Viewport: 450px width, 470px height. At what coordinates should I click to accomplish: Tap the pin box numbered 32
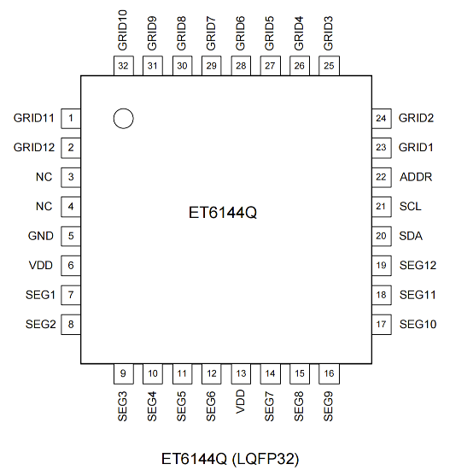click(x=124, y=66)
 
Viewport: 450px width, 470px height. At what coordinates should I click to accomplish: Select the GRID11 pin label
click(x=34, y=118)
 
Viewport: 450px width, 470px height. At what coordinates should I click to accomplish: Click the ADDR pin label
click(x=416, y=177)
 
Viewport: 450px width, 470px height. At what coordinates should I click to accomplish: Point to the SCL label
click(x=410, y=207)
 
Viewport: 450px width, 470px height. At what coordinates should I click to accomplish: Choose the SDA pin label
click(x=411, y=236)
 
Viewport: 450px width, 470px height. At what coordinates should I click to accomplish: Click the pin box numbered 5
click(x=71, y=236)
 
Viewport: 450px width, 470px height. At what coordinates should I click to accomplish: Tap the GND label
click(x=41, y=236)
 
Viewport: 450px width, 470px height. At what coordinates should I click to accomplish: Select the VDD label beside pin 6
click(x=41, y=265)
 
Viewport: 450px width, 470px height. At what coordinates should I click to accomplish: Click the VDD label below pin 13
click(x=241, y=402)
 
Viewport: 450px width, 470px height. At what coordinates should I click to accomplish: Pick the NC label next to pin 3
click(x=44, y=177)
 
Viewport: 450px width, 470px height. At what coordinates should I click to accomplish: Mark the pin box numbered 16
click(x=329, y=373)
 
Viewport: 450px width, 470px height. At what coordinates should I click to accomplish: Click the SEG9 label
click(x=329, y=406)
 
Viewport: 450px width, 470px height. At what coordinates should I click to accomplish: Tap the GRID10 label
click(x=123, y=30)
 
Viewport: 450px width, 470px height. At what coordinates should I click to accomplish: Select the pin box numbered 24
click(x=382, y=119)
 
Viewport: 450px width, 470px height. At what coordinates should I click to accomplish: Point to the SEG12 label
click(x=418, y=265)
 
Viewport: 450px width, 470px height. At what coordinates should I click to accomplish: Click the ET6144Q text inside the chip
click(x=223, y=213)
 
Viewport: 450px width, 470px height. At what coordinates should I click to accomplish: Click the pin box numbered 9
click(x=124, y=373)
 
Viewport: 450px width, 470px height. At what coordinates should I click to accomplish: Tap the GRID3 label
click(x=329, y=33)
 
